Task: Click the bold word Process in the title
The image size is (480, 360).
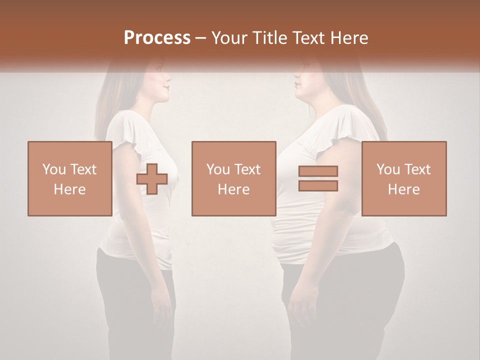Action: tap(157, 38)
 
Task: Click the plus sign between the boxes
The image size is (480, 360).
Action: tap(152, 178)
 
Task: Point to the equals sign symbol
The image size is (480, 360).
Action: tap(318, 178)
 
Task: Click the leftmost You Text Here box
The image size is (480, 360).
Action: tap(69, 178)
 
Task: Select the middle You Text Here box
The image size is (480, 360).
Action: tap(233, 178)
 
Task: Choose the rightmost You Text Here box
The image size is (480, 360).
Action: tap(403, 178)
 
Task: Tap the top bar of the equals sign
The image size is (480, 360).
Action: tap(318, 171)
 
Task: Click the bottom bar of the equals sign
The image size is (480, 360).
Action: tap(318, 185)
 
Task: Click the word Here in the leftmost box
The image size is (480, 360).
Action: tap(69, 189)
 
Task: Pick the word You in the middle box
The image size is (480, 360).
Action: tap(217, 169)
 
